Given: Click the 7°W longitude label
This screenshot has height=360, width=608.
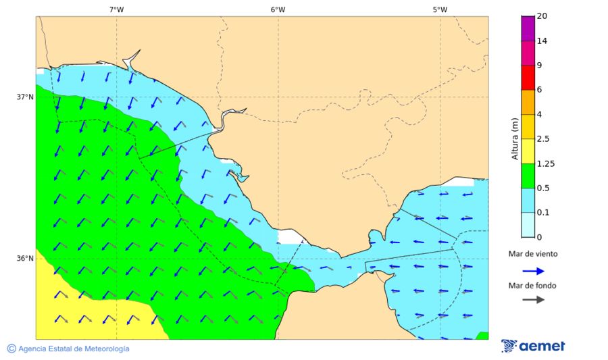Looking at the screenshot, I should click(116, 9).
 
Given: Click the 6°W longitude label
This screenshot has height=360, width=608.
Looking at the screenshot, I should click(278, 9).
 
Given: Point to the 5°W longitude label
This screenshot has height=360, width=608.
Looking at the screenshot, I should click(440, 9).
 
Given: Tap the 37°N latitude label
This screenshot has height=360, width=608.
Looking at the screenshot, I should click(25, 97).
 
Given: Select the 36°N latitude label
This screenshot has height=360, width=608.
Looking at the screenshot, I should click(25, 258).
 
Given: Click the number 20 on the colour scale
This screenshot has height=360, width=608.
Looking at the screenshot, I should click(541, 16).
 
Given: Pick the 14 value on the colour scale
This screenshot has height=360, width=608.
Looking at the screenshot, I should click(541, 41).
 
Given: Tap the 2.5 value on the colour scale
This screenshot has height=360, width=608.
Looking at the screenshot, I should click(542, 139).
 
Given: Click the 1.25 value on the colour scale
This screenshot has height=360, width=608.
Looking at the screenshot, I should click(544, 163).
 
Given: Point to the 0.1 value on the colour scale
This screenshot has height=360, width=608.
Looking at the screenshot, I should click(542, 213).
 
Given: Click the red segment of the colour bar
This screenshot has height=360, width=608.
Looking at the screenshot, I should click(528, 77).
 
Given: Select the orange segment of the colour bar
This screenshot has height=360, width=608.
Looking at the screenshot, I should click(528, 102).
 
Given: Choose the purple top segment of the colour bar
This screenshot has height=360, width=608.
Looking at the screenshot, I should click(528, 28).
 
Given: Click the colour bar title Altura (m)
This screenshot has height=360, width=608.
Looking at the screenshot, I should click(515, 138).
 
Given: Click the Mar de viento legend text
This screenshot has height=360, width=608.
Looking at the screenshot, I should click(533, 254).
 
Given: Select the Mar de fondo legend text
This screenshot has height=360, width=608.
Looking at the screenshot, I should click(533, 285).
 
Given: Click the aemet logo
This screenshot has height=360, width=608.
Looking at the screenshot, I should click(534, 346).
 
